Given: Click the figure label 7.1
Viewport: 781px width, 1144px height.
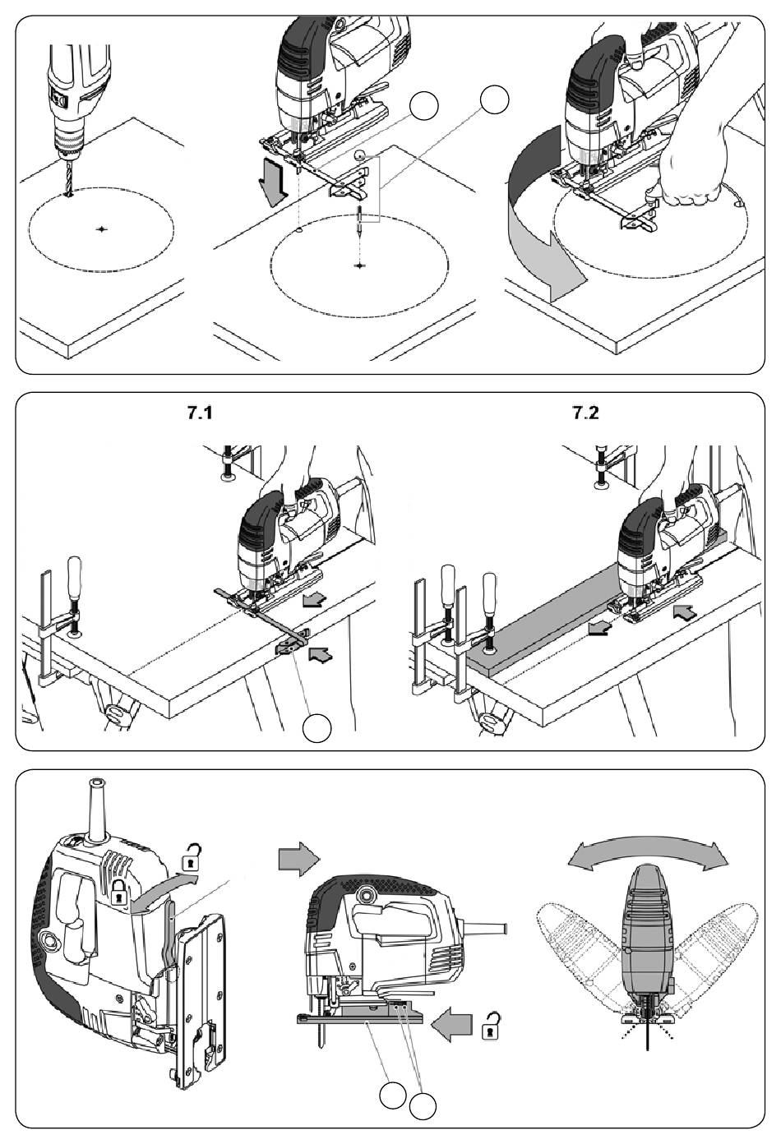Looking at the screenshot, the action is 199,413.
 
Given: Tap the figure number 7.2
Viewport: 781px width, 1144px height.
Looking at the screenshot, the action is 585,413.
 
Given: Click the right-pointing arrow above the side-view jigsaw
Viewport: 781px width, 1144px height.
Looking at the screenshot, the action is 298,860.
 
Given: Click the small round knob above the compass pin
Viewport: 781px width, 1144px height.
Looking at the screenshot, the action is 359,155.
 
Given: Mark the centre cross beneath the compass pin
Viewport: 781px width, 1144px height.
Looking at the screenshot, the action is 361,265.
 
